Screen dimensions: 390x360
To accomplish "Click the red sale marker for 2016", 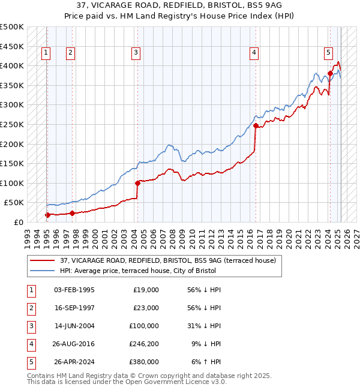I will [x=256, y=126].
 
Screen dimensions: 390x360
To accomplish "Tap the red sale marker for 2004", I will [x=137, y=182].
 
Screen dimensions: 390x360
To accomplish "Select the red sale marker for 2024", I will [x=330, y=73].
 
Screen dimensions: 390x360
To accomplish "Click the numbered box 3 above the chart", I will [x=136, y=53].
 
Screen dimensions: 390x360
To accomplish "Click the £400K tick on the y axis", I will [x=12, y=65].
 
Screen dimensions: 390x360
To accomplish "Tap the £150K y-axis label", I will [x=12, y=163].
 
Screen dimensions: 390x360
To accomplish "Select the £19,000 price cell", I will [x=146, y=289].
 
